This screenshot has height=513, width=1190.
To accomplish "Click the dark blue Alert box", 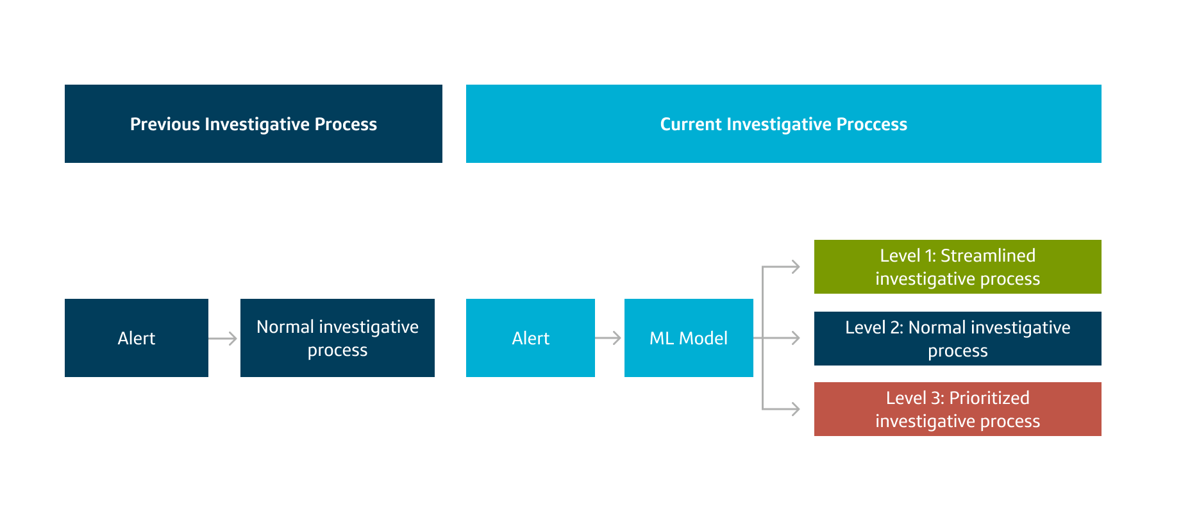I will tap(136, 338).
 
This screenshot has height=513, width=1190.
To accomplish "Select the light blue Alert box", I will tap(530, 338).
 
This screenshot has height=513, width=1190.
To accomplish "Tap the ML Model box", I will tap(689, 338).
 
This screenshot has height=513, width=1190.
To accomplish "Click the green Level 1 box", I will tap(957, 267).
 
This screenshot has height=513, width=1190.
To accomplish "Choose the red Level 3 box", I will tap(957, 409).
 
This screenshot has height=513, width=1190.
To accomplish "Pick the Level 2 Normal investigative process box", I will tap(957, 339).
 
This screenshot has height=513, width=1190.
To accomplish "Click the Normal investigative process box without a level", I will tap(337, 338).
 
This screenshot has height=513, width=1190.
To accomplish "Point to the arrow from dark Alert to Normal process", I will tap(223, 339).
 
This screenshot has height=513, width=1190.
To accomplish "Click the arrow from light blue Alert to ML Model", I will tap(609, 338).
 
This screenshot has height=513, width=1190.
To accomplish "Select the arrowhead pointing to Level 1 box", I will tap(796, 267).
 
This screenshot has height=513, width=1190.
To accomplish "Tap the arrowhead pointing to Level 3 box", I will tap(796, 409).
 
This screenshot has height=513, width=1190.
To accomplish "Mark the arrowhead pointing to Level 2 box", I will tap(796, 338).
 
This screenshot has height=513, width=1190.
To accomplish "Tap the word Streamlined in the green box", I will tap(987, 256).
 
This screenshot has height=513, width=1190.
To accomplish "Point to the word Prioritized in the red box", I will tap(989, 398).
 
